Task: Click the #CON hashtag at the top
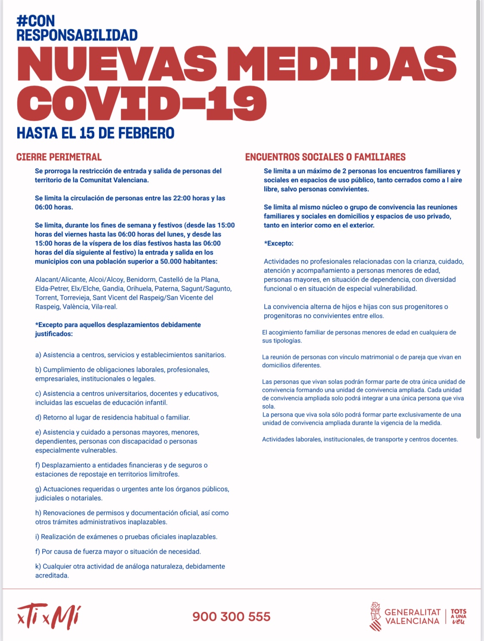point(36,21)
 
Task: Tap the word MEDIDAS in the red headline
point(346,64)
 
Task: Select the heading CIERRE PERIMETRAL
point(59,157)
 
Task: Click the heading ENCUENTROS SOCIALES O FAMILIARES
point(325,157)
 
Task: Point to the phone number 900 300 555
point(231,617)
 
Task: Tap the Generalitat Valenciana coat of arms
point(375,617)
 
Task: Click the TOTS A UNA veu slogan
point(459,617)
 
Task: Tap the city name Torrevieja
point(75,297)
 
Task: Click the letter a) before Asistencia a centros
point(38,355)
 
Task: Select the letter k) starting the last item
point(38,566)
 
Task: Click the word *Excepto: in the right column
point(279,243)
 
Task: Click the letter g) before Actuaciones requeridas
point(38,489)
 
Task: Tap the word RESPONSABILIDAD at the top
point(77,35)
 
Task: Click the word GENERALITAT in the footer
point(412,612)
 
